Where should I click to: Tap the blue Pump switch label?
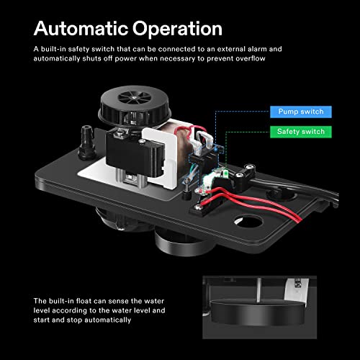pos(300,112)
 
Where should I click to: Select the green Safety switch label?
pos(300,132)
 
